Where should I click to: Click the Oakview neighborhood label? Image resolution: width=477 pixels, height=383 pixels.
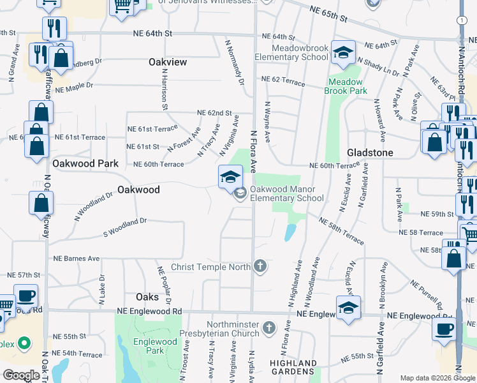[168, 62]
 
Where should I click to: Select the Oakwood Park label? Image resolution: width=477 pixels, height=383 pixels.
[85, 163]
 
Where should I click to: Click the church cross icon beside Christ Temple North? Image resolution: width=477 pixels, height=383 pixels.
[260, 266]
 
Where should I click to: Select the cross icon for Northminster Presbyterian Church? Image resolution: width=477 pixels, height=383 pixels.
[268, 328]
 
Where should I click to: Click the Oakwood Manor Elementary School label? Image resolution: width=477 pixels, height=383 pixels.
[287, 193]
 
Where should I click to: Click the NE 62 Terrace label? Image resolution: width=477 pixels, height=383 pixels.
[280, 79]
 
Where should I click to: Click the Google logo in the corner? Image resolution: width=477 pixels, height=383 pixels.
[21, 375]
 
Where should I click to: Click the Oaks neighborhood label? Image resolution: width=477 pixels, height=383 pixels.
[147, 297]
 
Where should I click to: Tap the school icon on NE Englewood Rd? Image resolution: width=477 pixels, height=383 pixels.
[348, 308]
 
